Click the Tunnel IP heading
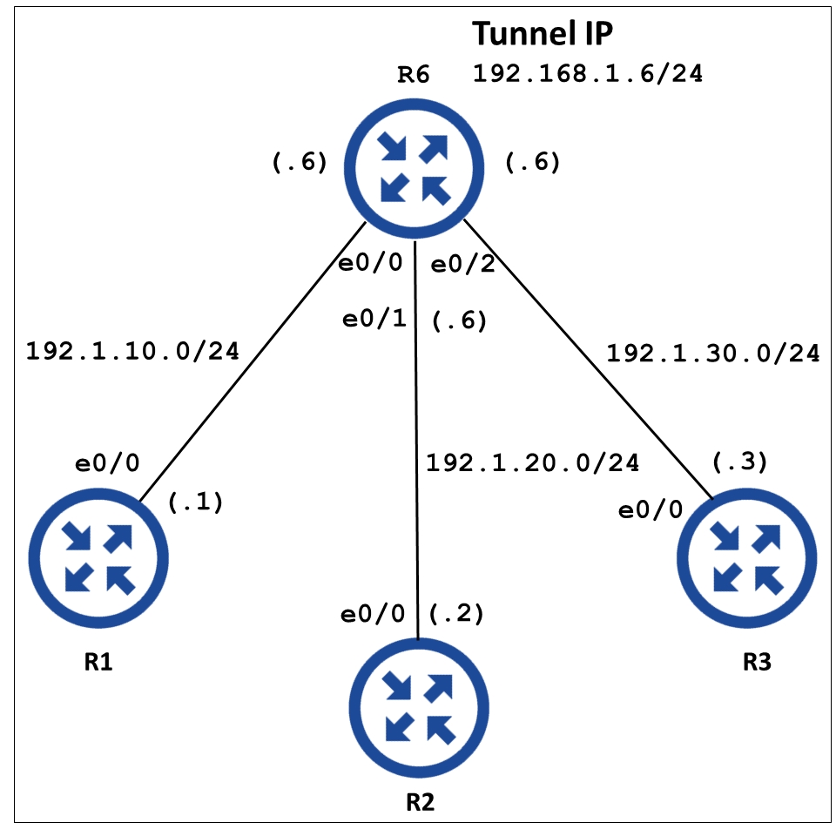click(x=543, y=34)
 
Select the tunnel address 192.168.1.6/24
click(x=588, y=73)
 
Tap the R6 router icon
click(x=415, y=168)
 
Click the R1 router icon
click(x=98, y=558)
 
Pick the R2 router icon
click(x=419, y=708)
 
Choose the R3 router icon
click(x=747, y=558)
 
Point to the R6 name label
click(x=413, y=75)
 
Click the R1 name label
click(x=98, y=662)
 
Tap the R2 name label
click(x=420, y=802)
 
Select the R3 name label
click(x=757, y=662)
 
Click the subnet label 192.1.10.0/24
click(x=132, y=351)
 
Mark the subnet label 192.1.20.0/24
click(x=532, y=462)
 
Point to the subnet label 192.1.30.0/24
click(x=713, y=353)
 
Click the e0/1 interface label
click(x=374, y=319)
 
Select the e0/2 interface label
click(x=462, y=264)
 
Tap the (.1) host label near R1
click(x=195, y=502)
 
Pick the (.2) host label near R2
click(x=456, y=614)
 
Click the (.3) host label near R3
click(x=740, y=462)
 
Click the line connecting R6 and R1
click(x=253, y=361)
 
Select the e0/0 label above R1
click(x=107, y=462)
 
